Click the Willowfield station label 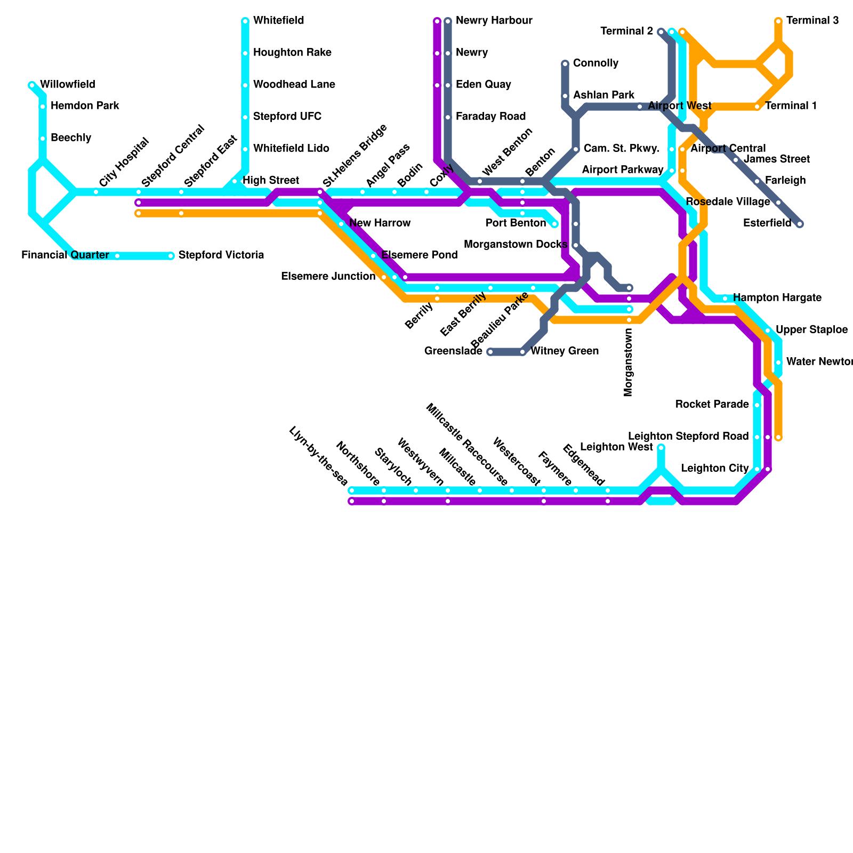67,85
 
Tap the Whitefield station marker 245,21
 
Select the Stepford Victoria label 221,255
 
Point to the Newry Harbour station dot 448,21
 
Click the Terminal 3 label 812,21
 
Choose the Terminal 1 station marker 757,107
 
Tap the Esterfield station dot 800,224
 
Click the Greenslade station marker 490,352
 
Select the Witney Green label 564,351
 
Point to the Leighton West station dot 661,448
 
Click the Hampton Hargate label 777,298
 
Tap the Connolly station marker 565,64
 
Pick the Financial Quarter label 65,255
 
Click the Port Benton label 516,223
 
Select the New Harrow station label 380,223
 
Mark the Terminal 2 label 626,31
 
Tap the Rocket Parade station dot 757,405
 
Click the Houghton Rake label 292,53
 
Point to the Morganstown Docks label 515,245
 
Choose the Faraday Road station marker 448,117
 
